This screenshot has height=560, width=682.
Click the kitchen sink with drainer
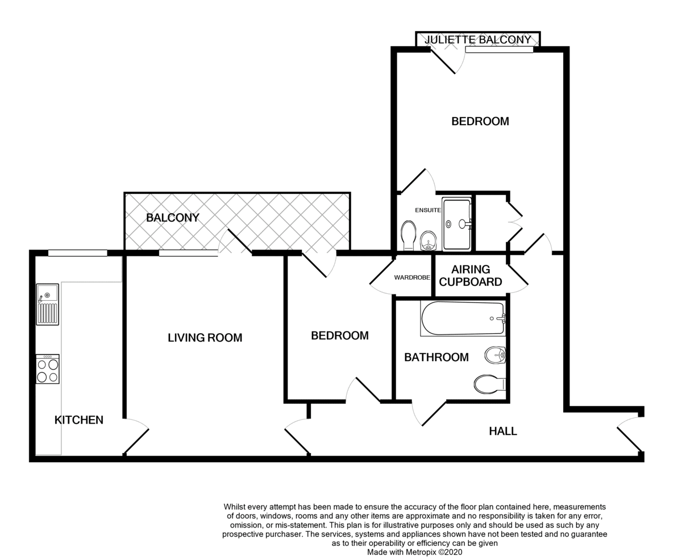coord(47,304)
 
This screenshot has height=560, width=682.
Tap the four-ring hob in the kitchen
coord(48,369)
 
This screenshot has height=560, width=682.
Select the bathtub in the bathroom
coord(463,318)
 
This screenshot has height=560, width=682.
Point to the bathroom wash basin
coord(495,355)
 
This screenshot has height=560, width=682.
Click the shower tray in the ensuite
coord(456,224)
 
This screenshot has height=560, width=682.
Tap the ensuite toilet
coord(409,235)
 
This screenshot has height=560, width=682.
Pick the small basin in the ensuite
coord(429,241)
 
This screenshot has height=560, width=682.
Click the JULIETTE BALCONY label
coord(477,40)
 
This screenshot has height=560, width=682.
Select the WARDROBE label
coord(412,277)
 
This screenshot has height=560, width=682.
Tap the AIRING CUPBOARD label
coord(471,276)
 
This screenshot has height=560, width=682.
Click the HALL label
coord(503,431)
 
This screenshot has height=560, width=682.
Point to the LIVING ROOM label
coord(205,338)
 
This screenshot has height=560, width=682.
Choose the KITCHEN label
coord(79,420)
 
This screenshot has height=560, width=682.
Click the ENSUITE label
coord(428,210)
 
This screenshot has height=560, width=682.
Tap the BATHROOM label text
coord(436,357)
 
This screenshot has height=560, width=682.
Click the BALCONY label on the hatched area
coord(173,218)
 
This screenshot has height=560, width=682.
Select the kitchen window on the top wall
coord(78,253)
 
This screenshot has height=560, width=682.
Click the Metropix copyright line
coord(414,552)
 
